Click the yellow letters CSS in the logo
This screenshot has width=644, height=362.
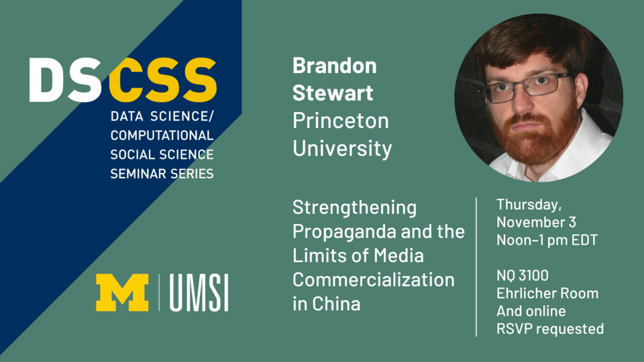163,80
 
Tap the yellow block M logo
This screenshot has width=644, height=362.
122,292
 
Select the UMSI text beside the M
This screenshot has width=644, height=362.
199,293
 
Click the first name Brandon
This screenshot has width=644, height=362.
334,67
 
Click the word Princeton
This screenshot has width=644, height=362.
340,121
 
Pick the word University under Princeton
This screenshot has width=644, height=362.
342,148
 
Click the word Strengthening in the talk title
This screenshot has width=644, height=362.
354,208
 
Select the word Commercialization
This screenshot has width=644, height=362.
373,279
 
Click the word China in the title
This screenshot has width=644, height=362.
335,303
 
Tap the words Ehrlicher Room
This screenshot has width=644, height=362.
547,293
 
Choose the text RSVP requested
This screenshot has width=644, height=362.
549,328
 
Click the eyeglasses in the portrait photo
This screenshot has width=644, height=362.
529,87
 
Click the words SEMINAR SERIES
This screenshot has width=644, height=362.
162,174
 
